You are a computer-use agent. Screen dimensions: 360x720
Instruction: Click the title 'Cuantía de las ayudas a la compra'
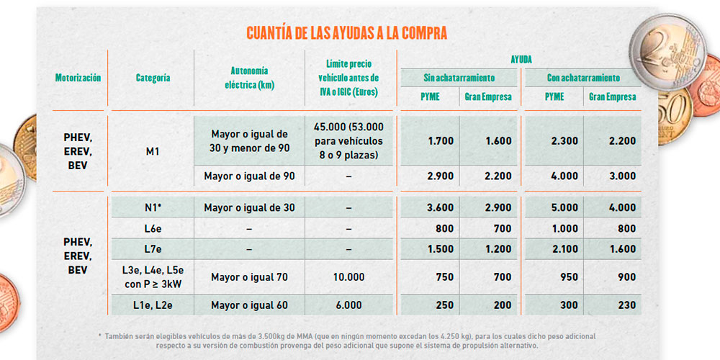(347, 33)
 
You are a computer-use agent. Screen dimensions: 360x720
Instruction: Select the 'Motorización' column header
(78, 78)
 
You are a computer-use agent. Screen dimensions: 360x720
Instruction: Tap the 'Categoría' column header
(153, 78)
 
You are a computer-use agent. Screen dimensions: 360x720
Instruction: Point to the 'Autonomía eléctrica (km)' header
(249, 78)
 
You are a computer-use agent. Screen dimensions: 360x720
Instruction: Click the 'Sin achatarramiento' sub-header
(459, 78)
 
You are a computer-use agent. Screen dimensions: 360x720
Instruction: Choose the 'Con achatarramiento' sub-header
(583, 78)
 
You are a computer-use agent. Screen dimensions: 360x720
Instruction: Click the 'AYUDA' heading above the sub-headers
(521, 60)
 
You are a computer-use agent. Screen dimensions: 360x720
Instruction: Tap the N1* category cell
(153, 207)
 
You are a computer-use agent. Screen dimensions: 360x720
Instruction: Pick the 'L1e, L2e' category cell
(153, 305)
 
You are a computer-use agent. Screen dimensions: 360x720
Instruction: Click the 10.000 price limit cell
(348, 277)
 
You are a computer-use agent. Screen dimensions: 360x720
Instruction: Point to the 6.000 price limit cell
(348, 305)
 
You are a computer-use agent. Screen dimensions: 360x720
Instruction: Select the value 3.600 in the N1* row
(440, 207)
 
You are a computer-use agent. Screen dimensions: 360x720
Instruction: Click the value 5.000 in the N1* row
(564, 207)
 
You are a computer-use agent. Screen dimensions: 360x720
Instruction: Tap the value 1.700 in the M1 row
(440, 141)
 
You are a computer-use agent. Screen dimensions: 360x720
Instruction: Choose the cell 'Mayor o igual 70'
(249, 277)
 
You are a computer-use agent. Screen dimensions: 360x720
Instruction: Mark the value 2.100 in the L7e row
(564, 249)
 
